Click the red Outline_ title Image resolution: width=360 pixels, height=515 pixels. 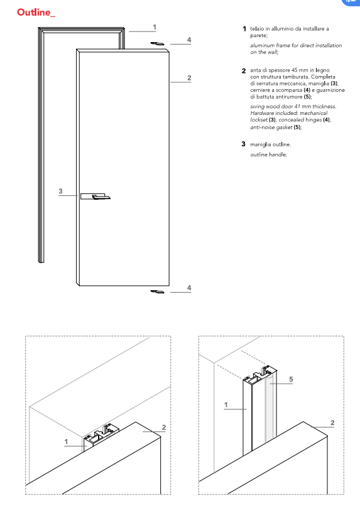36,13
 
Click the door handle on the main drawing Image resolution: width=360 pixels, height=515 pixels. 95,197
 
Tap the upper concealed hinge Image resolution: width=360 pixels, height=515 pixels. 157,43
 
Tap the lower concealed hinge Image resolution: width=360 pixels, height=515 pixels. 157,291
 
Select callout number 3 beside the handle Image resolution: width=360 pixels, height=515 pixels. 60,191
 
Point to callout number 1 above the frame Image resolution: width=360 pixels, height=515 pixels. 155,27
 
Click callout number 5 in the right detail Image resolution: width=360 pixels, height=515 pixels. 291,379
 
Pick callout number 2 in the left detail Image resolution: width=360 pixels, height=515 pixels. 163,427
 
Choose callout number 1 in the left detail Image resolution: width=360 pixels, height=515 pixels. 66,442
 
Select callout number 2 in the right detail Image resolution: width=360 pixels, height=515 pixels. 332,423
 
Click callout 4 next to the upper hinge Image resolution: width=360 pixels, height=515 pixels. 189,40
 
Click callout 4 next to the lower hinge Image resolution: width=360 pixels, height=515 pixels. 189,288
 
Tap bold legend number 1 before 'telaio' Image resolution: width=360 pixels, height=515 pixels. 244,29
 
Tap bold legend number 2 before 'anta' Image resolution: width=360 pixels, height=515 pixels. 243,70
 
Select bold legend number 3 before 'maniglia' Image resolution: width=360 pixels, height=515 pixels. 243,144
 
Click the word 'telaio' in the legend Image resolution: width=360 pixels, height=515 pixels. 257,29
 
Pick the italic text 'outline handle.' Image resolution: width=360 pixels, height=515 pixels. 269,154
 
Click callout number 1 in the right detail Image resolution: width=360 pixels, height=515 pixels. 226,404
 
